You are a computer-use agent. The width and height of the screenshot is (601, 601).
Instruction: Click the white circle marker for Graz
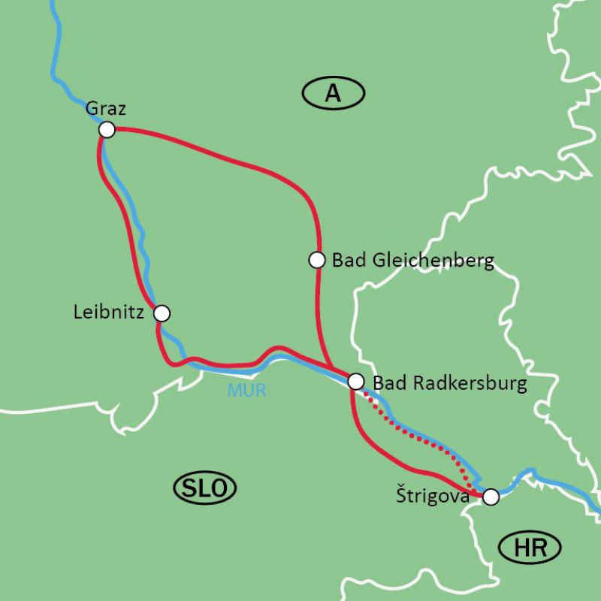tap(107, 130)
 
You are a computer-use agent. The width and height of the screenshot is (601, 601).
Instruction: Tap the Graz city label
tap(106, 109)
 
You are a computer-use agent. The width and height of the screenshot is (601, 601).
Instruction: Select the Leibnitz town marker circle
tap(161, 313)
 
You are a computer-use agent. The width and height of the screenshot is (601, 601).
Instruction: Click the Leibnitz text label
tap(110, 312)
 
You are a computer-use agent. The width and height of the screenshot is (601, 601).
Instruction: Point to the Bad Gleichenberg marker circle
tap(317, 260)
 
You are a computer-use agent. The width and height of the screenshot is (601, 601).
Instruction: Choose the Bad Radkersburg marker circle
tap(356, 382)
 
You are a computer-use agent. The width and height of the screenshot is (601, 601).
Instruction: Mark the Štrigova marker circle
tap(490, 497)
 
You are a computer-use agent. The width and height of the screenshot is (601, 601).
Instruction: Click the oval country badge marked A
tap(333, 92)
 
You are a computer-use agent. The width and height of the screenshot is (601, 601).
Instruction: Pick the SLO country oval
tap(206, 488)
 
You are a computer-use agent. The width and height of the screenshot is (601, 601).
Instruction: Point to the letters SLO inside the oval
tap(206, 488)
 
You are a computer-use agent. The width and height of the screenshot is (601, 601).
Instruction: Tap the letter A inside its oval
tap(333, 92)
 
